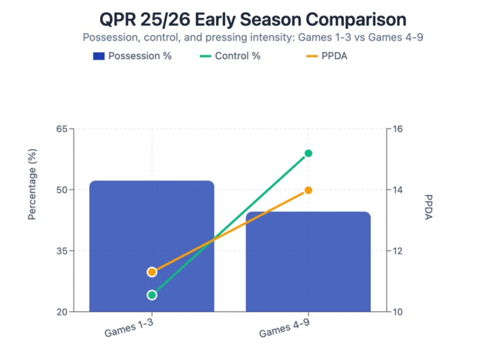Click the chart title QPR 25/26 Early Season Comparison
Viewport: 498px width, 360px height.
pyautogui.click(x=249, y=19)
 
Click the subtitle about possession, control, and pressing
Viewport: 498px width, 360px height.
pyautogui.click(x=249, y=37)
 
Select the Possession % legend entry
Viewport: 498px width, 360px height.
pyautogui.click(x=132, y=56)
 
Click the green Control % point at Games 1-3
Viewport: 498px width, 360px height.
pyautogui.click(x=152, y=295)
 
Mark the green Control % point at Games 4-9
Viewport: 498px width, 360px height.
pyautogui.click(x=308, y=153)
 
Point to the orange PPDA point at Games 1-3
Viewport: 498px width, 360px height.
pyautogui.click(x=152, y=272)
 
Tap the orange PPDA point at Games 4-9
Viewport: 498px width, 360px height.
pyautogui.click(x=308, y=190)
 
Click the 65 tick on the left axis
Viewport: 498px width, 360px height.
pyautogui.click(x=61, y=130)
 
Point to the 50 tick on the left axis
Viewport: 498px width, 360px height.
pyautogui.click(x=61, y=190)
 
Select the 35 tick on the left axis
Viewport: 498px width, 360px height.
pyautogui.click(x=61, y=251)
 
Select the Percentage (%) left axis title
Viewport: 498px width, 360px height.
pyautogui.click(x=32, y=190)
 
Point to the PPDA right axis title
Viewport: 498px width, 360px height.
pyautogui.click(x=429, y=208)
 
